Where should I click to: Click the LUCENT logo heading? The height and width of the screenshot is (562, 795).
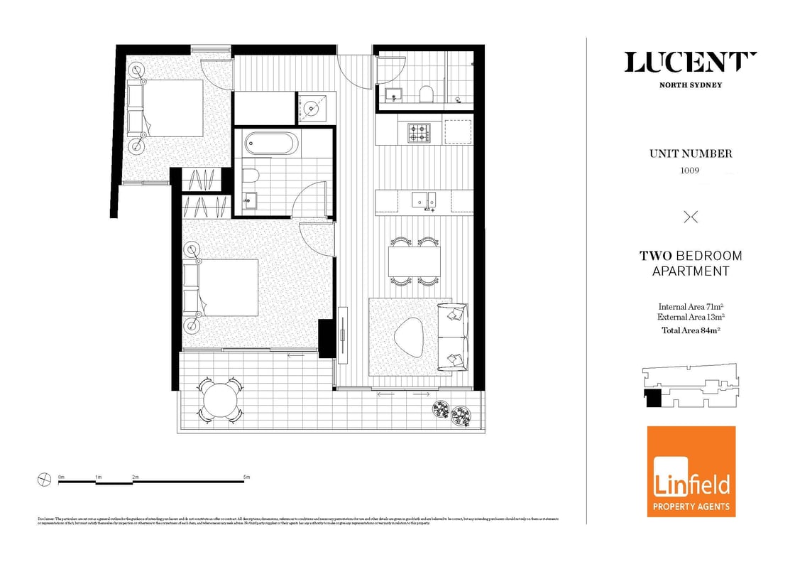(691, 63)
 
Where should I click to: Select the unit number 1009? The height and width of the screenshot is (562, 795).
(691, 171)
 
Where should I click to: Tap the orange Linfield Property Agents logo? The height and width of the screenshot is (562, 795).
(691, 471)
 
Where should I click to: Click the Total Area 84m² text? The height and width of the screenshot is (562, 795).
(691, 329)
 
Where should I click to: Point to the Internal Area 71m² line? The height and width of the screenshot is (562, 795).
(691, 307)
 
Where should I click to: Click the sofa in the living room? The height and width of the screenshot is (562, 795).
(452, 335)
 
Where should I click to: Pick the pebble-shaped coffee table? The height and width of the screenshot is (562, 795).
(410, 335)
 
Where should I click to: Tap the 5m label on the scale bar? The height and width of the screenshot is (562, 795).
(246, 477)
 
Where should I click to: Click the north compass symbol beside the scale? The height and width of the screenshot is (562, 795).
(44, 480)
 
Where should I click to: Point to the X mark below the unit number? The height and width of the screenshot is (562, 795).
(690, 217)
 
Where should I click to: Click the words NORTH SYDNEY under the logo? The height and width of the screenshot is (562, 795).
(691, 85)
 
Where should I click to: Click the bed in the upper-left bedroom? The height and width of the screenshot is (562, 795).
(173, 108)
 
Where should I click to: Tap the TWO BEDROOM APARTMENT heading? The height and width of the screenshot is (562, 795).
(691, 263)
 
